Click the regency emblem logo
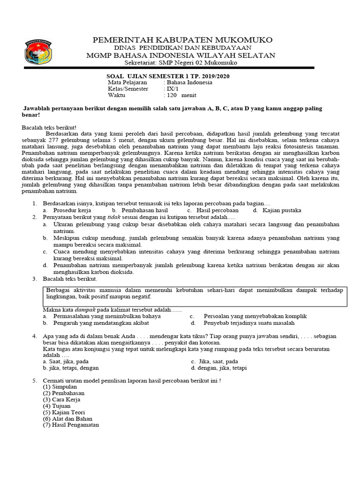point(38,52)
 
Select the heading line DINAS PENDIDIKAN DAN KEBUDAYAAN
point(183,48)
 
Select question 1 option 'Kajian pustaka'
point(281,210)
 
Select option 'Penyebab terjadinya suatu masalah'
point(249,323)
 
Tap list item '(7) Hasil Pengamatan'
point(71,425)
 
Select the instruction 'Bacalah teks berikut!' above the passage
point(49,127)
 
